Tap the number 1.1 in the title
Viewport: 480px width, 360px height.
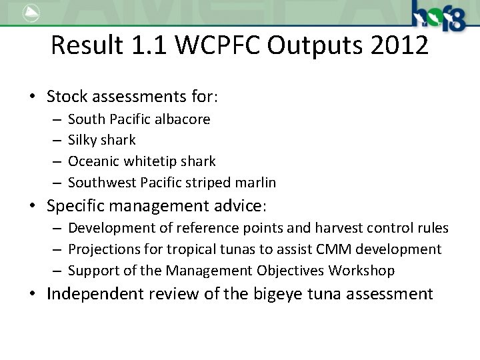click(x=148, y=45)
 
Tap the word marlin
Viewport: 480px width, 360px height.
click(x=256, y=183)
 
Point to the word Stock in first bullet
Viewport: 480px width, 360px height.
click(x=67, y=97)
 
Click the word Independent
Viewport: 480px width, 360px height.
click(x=93, y=294)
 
